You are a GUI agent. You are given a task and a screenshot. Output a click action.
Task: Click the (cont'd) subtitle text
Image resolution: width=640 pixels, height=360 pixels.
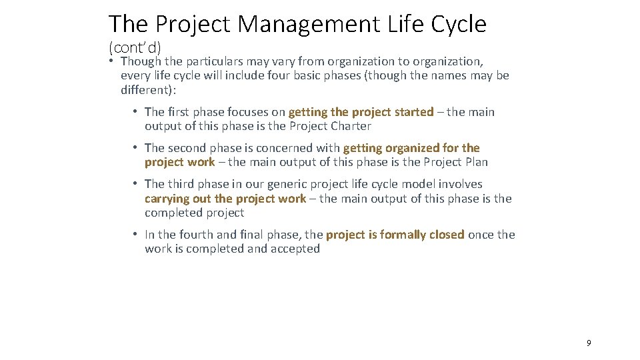135,47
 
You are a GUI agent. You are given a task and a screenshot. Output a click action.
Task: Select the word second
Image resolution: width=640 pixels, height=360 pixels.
187,148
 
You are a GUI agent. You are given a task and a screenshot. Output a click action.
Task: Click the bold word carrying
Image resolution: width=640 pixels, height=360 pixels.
167,199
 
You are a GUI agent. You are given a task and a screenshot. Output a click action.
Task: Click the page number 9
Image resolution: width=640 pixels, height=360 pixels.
589,343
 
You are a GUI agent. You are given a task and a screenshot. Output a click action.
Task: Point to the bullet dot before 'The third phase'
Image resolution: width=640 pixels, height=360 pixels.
135,184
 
